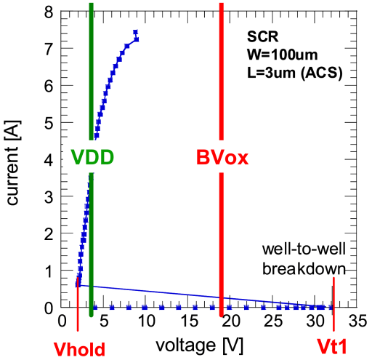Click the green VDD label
point(92,157)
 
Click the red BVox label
point(222,157)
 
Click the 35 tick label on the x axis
point(356,321)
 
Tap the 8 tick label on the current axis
point(48,12)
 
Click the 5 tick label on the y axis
point(48,123)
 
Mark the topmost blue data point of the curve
point(135,32)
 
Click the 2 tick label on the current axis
point(48,234)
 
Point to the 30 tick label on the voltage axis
point(314,321)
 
